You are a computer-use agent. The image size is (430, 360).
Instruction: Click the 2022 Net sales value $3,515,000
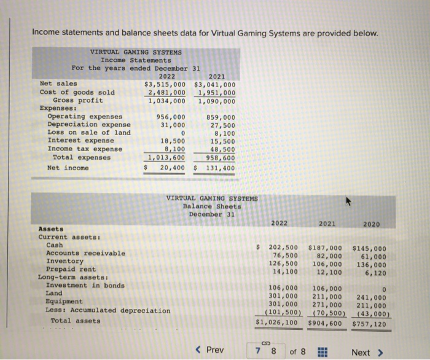(x=165, y=84)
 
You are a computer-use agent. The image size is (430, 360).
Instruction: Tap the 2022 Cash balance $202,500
(x=284, y=247)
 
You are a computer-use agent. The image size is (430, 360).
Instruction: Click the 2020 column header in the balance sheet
(x=370, y=223)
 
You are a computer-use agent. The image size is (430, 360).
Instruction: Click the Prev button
(x=209, y=351)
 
